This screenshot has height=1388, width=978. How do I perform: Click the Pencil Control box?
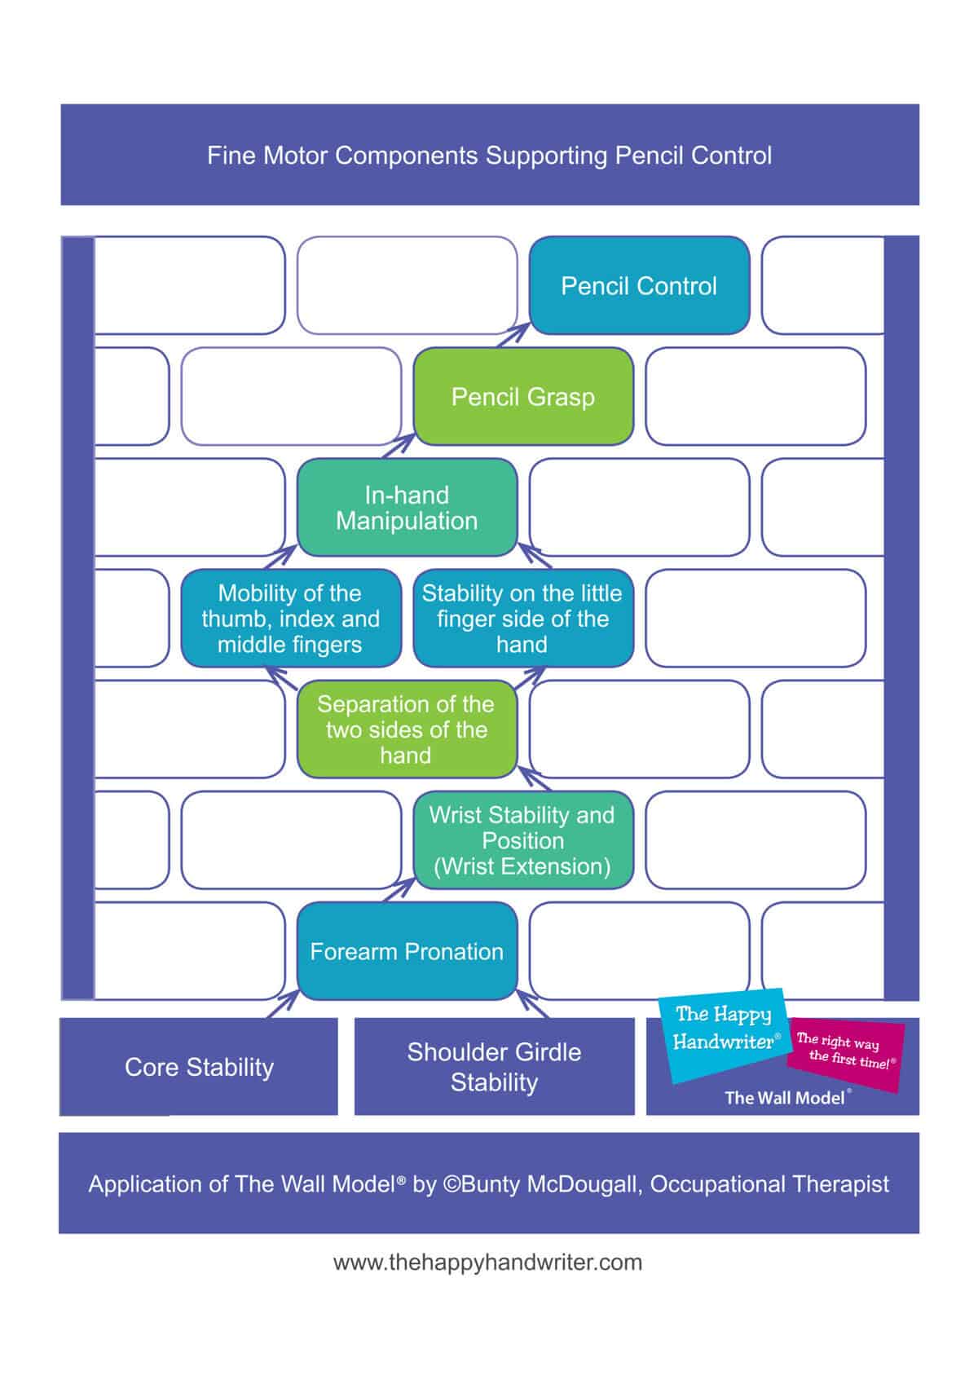point(639,286)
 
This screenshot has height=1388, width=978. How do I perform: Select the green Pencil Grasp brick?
point(523,397)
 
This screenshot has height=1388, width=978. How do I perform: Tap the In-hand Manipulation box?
point(407,508)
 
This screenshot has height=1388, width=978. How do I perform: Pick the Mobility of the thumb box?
point(291,619)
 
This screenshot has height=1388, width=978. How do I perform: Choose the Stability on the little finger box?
point(522,619)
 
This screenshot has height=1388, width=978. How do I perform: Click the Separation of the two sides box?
point(407,729)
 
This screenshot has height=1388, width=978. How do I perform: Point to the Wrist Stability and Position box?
point(522,840)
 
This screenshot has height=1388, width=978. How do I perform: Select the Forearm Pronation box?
point(407,951)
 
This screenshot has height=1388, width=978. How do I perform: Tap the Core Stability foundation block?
point(199,1067)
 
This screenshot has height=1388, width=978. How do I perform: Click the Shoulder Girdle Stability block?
point(494,1067)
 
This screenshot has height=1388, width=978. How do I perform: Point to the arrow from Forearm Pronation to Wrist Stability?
point(399,890)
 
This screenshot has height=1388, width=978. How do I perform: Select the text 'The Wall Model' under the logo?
point(787,1098)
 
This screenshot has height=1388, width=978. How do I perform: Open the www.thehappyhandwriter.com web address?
point(487,1262)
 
